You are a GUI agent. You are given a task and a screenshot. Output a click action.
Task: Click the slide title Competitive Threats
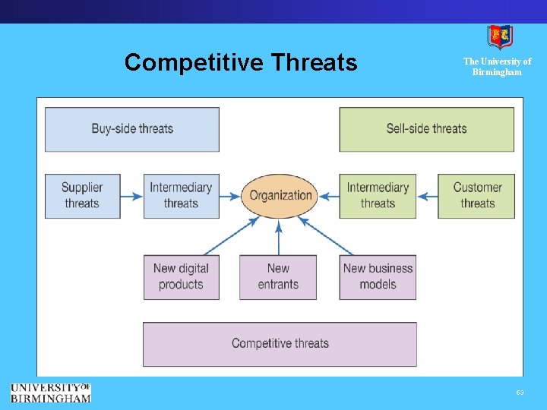click(240, 62)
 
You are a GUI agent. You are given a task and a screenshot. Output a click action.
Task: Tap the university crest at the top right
click(499, 36)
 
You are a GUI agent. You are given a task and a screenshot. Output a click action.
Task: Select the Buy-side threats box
click(132, 129)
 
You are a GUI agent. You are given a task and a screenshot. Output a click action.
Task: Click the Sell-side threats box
click(426, 129)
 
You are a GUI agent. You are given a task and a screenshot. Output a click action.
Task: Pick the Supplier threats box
click(82, 195)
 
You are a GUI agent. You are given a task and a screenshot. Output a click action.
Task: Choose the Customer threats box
click(476, 195)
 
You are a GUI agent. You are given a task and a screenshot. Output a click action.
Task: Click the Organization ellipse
click(280, 195)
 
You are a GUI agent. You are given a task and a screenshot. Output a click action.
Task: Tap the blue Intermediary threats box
click(181, 195)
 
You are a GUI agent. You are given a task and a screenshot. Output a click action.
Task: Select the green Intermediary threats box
click(378, 195)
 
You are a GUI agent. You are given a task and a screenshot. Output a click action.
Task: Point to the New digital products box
click(181, 276)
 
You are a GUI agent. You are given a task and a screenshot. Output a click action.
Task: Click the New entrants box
click(278, 276)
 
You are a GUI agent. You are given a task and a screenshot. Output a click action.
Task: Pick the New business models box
click(378, 276)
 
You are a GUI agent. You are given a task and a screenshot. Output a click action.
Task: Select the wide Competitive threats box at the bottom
click(280, 343)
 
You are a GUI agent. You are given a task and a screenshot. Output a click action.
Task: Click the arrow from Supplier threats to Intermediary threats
click(132, 196)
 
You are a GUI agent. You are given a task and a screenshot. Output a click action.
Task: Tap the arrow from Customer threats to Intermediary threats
click(427, 196)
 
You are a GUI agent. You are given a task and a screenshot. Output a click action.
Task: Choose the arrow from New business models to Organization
click(327, 236)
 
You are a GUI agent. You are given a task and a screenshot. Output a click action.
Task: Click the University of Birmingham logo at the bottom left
click(50, 392)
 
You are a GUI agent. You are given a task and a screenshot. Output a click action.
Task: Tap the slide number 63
click(520, 393)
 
